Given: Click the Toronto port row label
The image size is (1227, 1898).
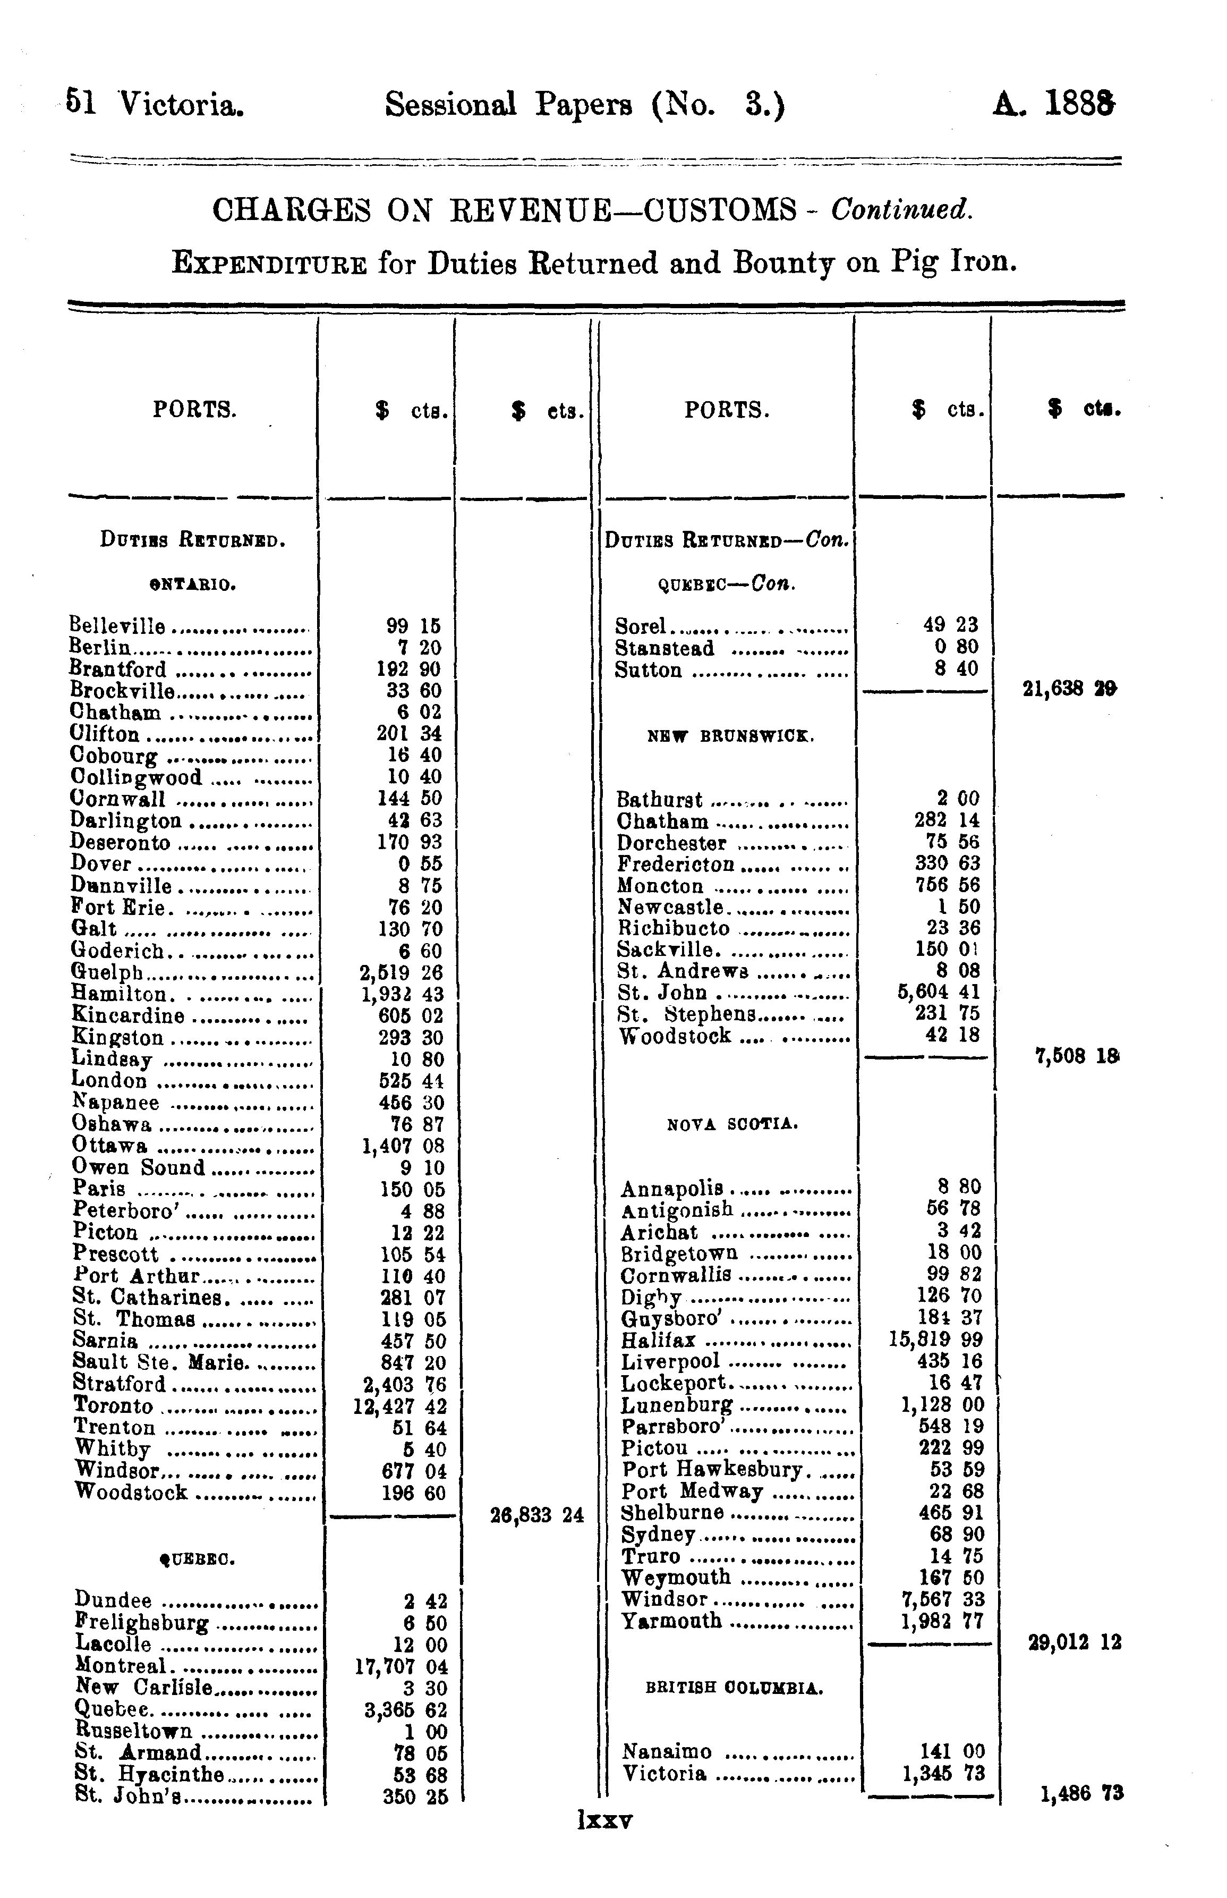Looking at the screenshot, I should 113,1405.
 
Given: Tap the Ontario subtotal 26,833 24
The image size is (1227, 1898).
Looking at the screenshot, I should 536,1515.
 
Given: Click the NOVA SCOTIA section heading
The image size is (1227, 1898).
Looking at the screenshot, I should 732,1124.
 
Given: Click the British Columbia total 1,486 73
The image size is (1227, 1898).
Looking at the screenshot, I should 1081,1794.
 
